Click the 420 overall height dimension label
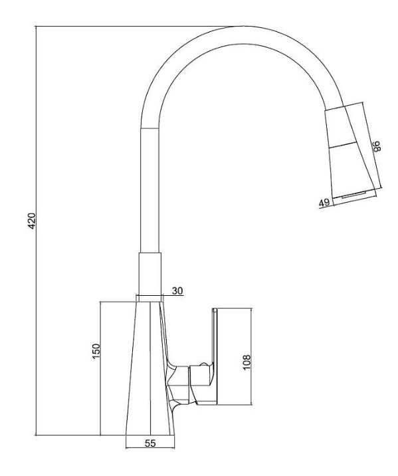coord(32,221)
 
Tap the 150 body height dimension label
coord(96,351)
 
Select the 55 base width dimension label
coord(150,443)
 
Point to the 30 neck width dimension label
coord(177,291)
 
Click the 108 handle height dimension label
coord(247,362)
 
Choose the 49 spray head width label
coord(324,203)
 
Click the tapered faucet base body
coord(150,368)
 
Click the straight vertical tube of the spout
coord(150,190)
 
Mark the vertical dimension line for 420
coord(36,231)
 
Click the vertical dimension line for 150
coord(100,368)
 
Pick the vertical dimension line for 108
coord(251,356)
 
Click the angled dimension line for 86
coord(372,145)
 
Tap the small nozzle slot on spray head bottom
coord(353,195)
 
